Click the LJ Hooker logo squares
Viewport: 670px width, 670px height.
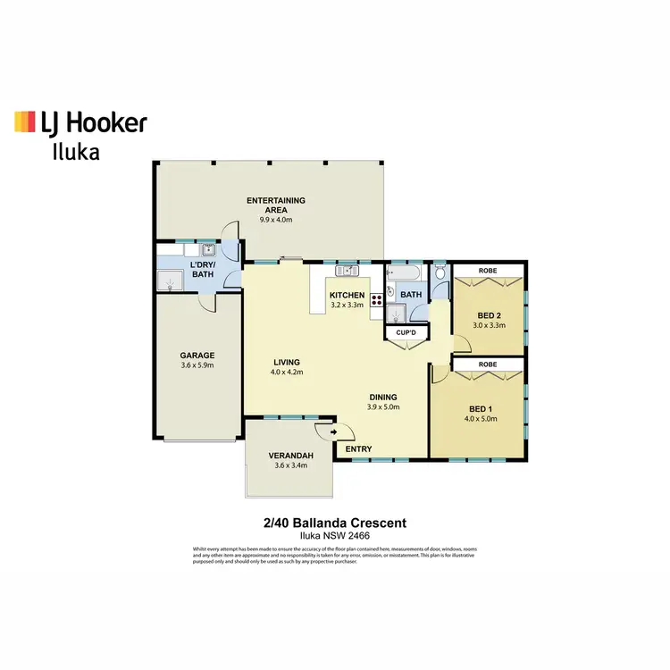tap(25, 122)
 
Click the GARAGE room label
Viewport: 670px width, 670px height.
tap(197, 355)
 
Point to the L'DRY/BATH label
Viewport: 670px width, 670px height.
tap(203, 270)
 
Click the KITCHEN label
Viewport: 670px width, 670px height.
tap(347, 295)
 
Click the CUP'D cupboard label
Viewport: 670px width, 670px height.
tap(406, 333)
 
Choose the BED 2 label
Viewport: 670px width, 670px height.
tap(489, 315)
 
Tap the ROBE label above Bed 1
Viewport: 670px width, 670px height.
tap(488, 364)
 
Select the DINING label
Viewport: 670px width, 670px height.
tap(383, 397)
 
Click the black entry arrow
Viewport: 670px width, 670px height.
tap(335, 431)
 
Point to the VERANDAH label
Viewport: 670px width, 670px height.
tap(289, 456)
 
